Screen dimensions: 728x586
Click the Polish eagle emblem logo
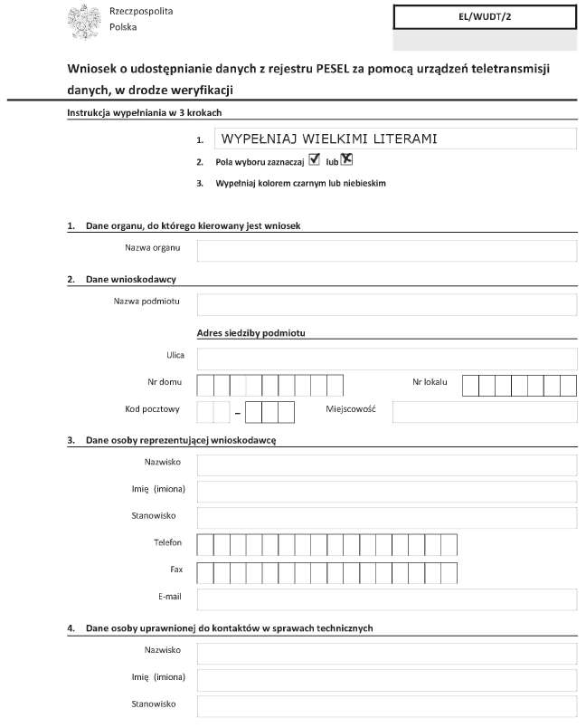pos(84,21)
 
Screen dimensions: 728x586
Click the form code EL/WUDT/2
pos(485,16)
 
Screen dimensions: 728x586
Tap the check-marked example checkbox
pos(315,160)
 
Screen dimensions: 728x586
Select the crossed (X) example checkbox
pos(346,160)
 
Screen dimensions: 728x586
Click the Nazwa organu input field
pos(386,250)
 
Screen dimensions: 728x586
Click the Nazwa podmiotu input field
pos(386,304)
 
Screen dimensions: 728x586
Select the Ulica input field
pos(386,359)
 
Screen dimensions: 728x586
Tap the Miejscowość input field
pos(484,412)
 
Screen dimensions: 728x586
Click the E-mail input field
pos(386,599)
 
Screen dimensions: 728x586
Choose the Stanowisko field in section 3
pos(386,518)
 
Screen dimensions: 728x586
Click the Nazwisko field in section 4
pos(386,652)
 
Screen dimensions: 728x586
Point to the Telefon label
pos(167,542)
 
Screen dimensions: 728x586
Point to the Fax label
pos(175,570)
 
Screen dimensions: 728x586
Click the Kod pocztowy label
pos(152,408)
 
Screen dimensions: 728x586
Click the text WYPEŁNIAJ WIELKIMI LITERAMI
pos(329,139)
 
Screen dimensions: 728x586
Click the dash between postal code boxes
pos(238,414)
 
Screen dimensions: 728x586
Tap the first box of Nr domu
pos(205,386)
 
